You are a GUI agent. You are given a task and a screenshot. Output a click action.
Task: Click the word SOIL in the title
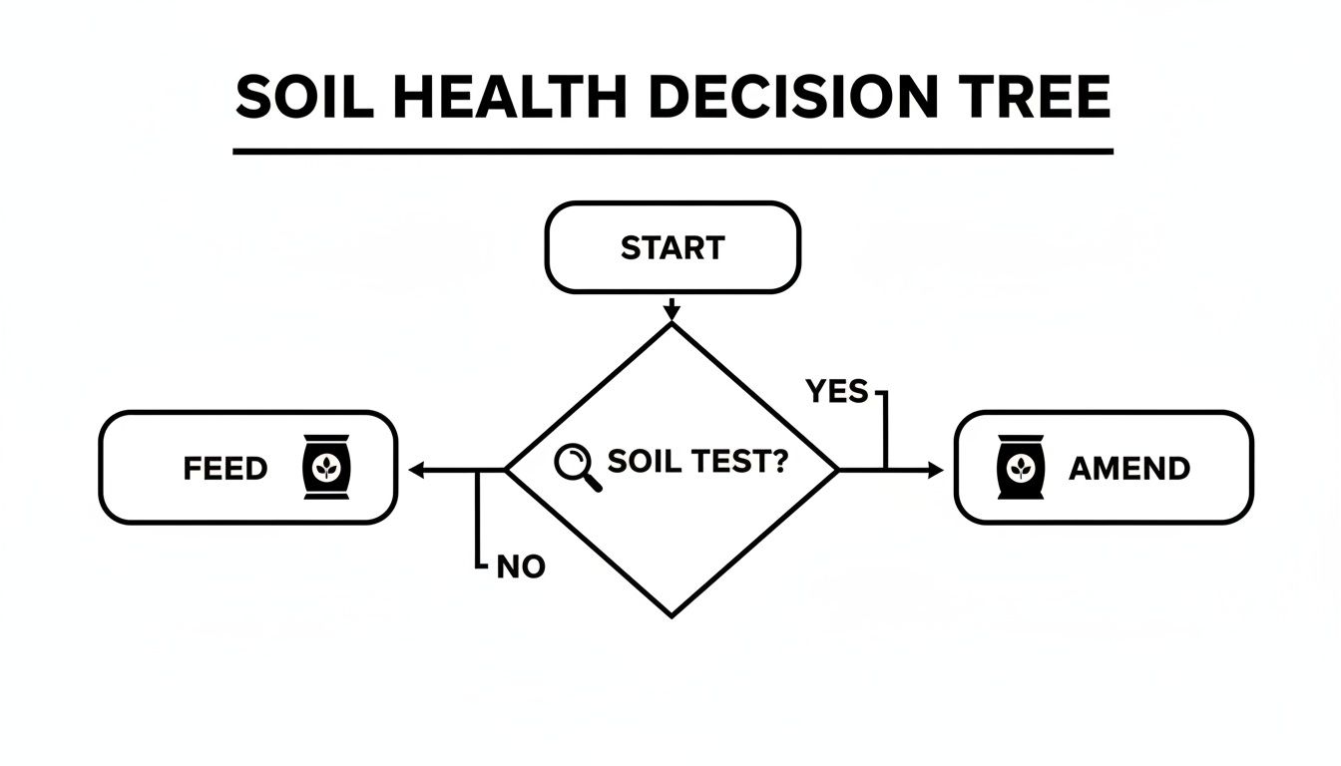[304, 97]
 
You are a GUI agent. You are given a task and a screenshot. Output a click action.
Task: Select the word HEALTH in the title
[510, 97]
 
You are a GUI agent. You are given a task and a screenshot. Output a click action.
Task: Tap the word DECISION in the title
[793, 97]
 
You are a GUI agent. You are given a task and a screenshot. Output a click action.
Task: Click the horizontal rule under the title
[672, 152]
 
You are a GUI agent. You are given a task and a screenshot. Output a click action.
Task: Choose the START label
[672, 247]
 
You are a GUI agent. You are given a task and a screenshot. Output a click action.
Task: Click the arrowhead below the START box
[671, 313]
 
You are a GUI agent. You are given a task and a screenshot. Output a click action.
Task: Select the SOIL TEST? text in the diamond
[698, 461]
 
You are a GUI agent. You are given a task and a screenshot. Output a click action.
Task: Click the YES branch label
[836, 391]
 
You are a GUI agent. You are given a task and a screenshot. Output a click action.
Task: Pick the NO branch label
[521, 567]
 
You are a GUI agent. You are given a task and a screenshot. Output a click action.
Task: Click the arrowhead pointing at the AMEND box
[936, 471]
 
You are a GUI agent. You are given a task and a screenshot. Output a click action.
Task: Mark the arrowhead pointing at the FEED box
[417, 471]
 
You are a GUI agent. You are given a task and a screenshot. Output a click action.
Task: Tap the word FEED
[225, 469]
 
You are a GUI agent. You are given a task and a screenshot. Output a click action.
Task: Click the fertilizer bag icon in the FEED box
[326, 467]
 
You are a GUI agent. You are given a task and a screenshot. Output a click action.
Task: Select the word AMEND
[1129, 469]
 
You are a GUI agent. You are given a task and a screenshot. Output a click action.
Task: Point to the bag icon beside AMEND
[1021, 467]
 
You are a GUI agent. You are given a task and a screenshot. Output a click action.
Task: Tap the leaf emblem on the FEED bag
[326, 468]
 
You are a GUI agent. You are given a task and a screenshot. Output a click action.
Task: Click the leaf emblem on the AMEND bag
[1021, 468]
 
